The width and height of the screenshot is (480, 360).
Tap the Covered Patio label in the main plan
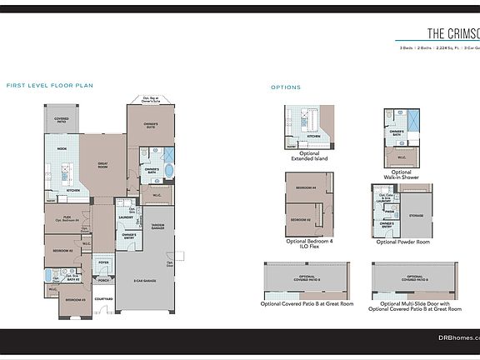(61, 120)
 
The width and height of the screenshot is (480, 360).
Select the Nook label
(62, 148)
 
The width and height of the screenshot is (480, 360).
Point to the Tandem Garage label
(156, 226)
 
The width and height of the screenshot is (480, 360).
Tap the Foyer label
(104, 262)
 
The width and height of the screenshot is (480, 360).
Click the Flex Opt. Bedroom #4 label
(67, 219)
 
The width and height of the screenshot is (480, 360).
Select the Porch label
(103, 280)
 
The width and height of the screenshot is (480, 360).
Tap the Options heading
(286, 87)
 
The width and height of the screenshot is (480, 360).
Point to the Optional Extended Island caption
(309, 156)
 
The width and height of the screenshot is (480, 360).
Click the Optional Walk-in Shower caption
(401, 175)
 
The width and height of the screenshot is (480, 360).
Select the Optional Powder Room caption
(402, 242)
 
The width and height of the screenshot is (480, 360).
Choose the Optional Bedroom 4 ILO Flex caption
(309, 243)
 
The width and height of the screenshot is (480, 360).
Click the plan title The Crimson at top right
(453, 34)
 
